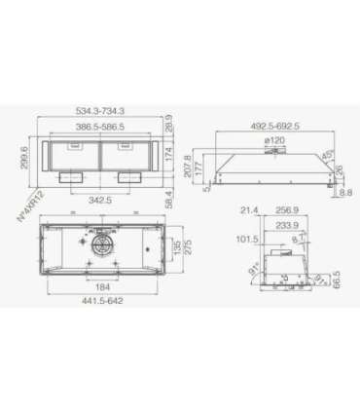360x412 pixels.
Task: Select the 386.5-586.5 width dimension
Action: click(106, 128)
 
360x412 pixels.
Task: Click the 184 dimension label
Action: click(102, 287)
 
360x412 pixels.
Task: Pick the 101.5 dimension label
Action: click(246, 240)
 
